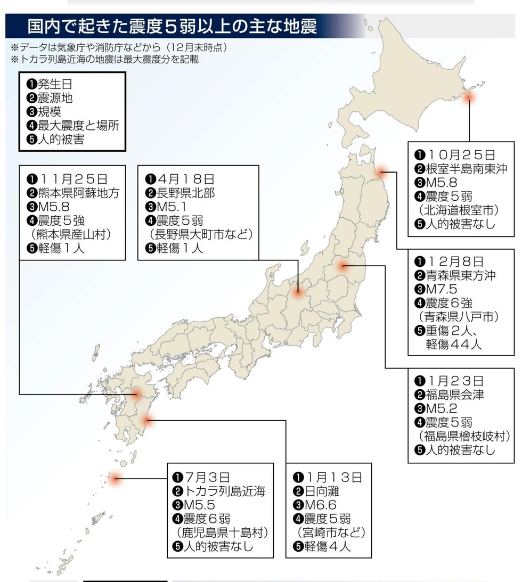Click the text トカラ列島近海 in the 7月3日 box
224,490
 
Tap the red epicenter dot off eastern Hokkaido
469,97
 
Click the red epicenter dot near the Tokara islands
114,478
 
